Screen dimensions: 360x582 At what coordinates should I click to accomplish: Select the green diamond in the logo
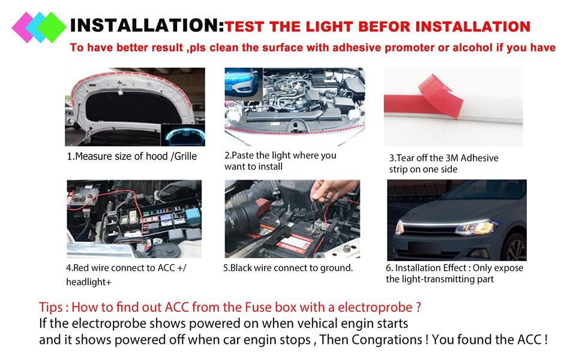pos(52,28)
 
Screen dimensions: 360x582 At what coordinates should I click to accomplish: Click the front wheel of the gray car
pos(515,246)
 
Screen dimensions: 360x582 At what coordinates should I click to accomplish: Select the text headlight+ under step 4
pos(89,282)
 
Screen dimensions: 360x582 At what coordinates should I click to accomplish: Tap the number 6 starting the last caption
pos(389,268)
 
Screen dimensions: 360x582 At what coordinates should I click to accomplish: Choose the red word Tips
pos(52,307)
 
